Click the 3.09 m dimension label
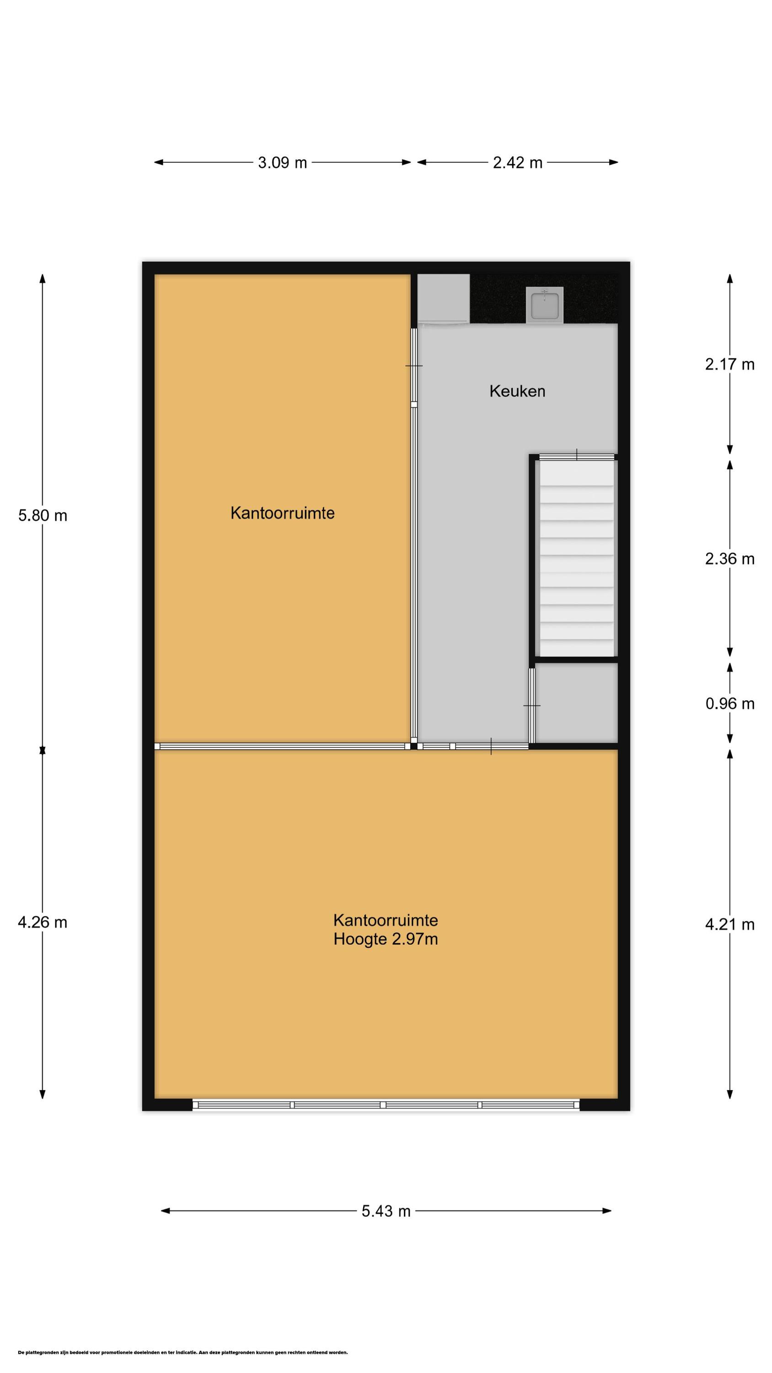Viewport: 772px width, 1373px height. coord(282,162)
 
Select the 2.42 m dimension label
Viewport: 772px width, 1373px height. coord(517,162)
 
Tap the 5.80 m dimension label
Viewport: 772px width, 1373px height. coord(43,515)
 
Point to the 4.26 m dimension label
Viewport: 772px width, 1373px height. coord(43,922)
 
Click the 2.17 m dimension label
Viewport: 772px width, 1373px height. coord(729,365)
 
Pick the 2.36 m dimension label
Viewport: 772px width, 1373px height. coord(729,558)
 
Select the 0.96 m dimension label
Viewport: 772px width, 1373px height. coord(729,703)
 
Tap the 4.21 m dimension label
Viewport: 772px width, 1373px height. coord(729,924)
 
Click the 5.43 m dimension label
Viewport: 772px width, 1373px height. coord(386,1211)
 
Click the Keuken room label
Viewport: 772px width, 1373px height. coord(517,391)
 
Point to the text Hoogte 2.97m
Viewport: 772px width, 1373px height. coord(386,939)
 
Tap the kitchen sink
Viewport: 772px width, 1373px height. coord(544,304)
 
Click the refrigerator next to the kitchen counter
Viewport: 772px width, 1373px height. coord(443,298)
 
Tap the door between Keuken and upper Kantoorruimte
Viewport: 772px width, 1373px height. coord(414,366)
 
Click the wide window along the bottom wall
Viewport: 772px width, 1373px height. coord(386,1105)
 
